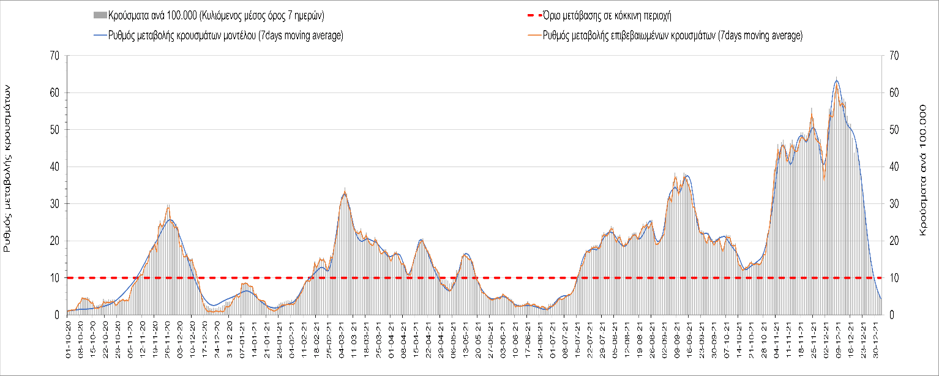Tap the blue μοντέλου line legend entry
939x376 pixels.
218,36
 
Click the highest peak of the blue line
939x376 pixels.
837,80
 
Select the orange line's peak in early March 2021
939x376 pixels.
345,190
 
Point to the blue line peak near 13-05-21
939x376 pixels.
466,253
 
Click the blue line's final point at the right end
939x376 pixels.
880,298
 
